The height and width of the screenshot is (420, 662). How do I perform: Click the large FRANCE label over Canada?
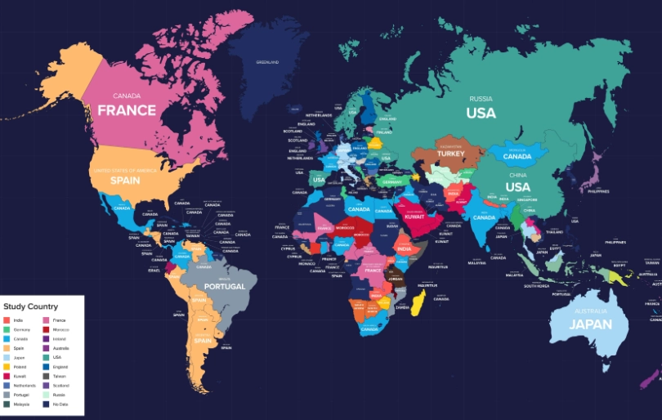127,109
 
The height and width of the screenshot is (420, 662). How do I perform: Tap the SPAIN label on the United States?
125,180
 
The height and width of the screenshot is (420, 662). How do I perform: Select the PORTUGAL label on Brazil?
225,287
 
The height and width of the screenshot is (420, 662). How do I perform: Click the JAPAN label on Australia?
591,324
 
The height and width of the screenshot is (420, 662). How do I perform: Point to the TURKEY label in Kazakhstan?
450,154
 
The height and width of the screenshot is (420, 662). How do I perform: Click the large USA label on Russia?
481,113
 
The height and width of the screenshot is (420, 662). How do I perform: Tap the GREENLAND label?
267,62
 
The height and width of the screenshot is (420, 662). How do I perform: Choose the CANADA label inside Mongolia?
517,156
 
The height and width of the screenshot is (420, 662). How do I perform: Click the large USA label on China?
517,186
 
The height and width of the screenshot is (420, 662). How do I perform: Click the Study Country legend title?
31,306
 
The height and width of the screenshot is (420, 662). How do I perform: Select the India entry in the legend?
17,319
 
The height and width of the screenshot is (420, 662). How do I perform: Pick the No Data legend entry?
60,404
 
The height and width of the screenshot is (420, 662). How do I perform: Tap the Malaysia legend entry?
20,404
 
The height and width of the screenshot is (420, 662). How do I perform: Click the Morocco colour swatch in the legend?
47,329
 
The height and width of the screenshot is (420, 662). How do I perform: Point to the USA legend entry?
57,357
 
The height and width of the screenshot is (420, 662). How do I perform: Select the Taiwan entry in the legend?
59,376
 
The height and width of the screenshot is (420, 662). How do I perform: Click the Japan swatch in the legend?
7,357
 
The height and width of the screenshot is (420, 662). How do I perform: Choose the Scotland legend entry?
60,385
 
